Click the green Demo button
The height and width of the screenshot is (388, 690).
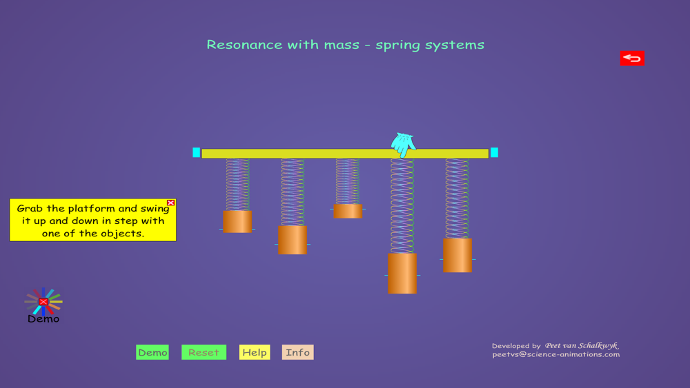tap(152, 352)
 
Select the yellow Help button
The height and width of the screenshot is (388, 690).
tap(255, 352)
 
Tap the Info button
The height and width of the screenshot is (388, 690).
tap(298, 352)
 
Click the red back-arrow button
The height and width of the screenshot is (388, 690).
tap(632, 58)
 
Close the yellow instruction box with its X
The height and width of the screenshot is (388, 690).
tap(170, 203)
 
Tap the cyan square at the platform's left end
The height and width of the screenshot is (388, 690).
tap(196, 152)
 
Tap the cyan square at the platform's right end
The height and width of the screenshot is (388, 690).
tap(494, 152)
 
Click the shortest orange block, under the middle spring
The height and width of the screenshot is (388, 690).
tap(348, 211)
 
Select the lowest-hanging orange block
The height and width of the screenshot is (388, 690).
tap(402, 274)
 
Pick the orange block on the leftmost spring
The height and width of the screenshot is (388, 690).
tap(237, 221)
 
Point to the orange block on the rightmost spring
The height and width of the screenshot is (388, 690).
tap(457, 255)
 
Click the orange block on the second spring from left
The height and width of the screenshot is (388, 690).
tap(292, 240)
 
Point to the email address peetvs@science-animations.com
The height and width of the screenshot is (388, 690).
tap(555, 354)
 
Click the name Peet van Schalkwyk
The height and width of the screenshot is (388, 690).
tap(582, 345)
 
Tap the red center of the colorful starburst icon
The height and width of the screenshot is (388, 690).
tap(43, 301)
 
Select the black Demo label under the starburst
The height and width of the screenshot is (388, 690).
tap(43, 319)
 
